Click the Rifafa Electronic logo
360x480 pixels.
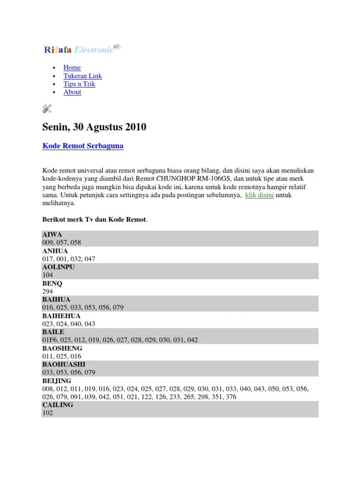point(82,49)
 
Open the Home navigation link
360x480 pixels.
point(72,67)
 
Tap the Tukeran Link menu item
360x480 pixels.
point(82,76)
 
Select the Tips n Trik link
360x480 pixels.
point(79,84)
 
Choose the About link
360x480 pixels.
point(72,92)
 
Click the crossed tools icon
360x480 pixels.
point(46,109)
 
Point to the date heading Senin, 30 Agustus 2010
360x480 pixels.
point(94,127)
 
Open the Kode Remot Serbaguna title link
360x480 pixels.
point(83,146)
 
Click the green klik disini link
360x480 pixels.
point(259,195)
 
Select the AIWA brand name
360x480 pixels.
point(52,234)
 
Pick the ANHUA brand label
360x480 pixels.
point(55,251)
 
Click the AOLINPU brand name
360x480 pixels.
point(59,267)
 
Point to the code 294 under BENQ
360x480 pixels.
point(47,292)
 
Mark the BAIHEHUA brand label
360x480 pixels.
point(61,316)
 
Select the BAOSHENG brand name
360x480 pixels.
point(62,348)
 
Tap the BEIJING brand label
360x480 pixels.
point(57,381)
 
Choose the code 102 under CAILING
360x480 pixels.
point(47,413)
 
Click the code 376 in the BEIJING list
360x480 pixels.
point(231,397)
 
